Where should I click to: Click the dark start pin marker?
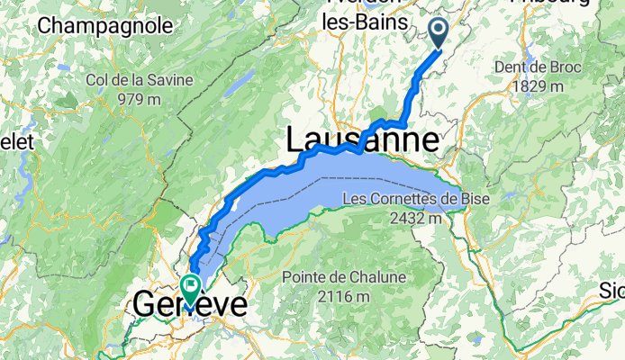[x=439, y=31]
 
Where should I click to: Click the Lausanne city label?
[x=363, y=140]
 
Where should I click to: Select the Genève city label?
[x=189, y=305]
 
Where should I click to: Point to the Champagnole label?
[x=105, y=25]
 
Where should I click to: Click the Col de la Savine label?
[x=139, y=80]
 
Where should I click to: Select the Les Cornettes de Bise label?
[x=411, y=199]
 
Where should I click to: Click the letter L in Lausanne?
[x=296, y=140]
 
